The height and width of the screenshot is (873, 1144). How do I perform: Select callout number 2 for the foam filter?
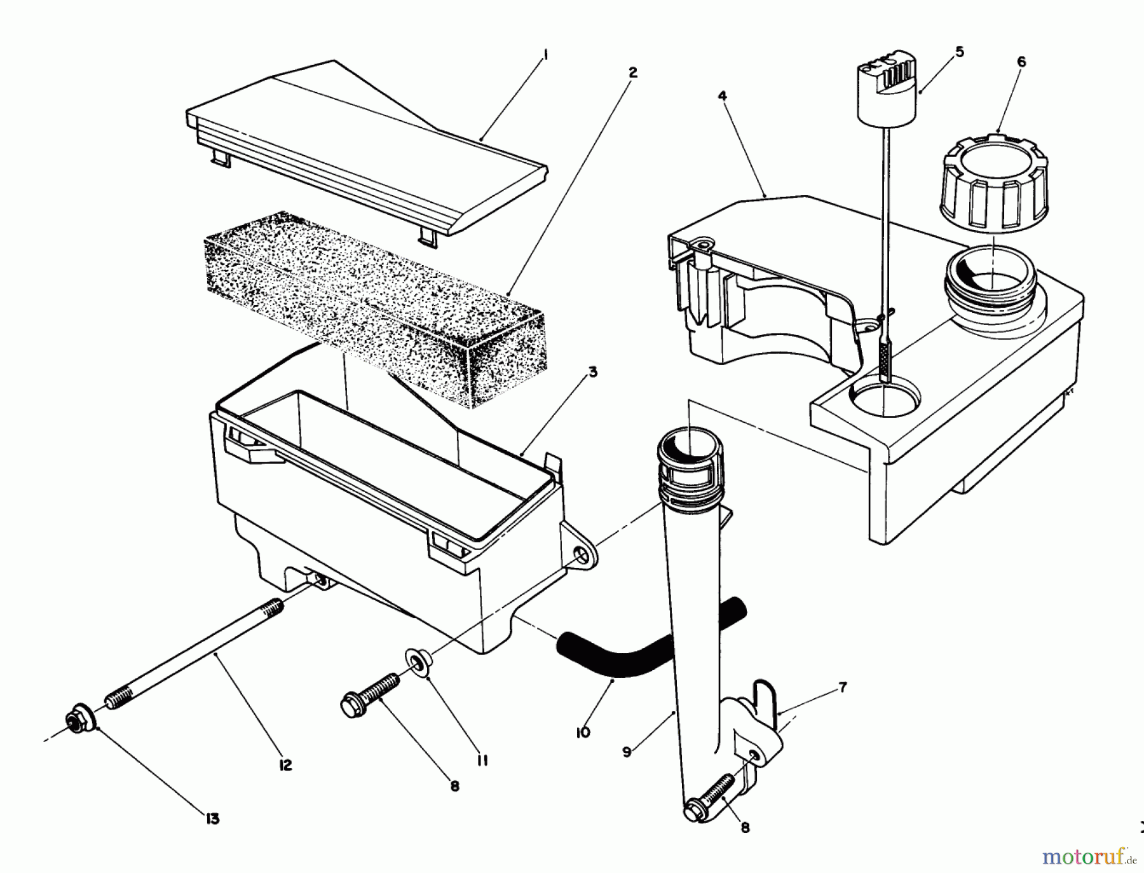[x=632, y=73]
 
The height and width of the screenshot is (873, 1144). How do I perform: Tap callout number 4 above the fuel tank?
[x=722, y=96]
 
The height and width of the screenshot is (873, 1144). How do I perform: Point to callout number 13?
[x=212, y=818]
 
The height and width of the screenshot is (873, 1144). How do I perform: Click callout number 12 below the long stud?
[x=285, y=765]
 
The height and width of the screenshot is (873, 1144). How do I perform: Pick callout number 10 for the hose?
[x=582, y=732]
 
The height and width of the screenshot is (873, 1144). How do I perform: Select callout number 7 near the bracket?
[x=842, y=688]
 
